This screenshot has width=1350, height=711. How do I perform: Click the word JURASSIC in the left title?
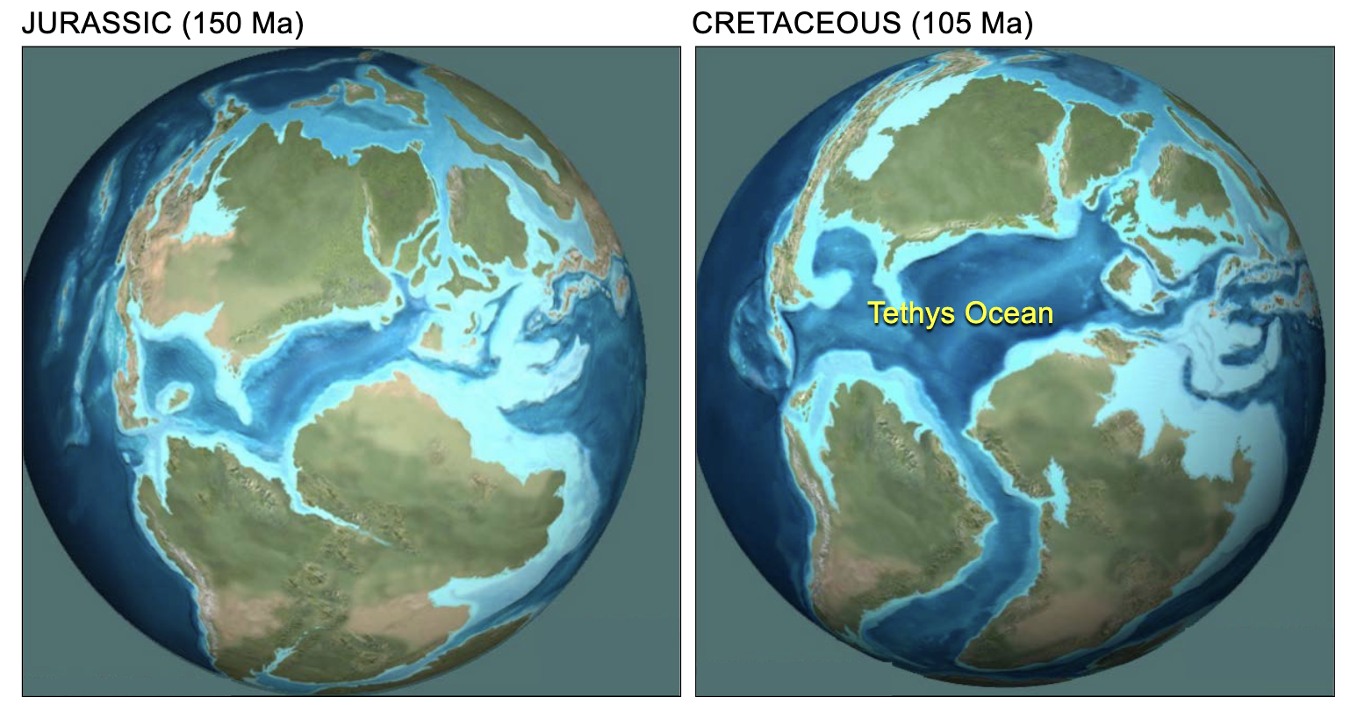[x=97, y=24]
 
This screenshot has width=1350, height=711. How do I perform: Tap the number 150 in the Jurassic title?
[x=214, y=24]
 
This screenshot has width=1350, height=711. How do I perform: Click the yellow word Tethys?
[x=912, y=313]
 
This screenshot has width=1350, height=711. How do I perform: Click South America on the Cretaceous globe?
[x=878, y=492]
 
